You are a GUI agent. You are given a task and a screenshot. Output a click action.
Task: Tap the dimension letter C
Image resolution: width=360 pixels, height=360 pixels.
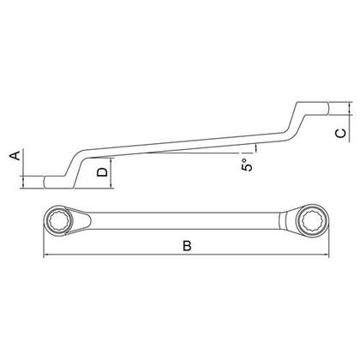tap(339, 132)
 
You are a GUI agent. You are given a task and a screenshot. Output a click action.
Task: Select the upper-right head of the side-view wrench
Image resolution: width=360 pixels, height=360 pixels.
tap(313, 107)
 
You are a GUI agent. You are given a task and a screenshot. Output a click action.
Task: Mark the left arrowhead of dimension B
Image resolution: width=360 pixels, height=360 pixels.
tap(45, 255)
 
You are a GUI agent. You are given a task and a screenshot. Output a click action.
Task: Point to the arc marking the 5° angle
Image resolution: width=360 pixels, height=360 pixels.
tap(255, 151)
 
